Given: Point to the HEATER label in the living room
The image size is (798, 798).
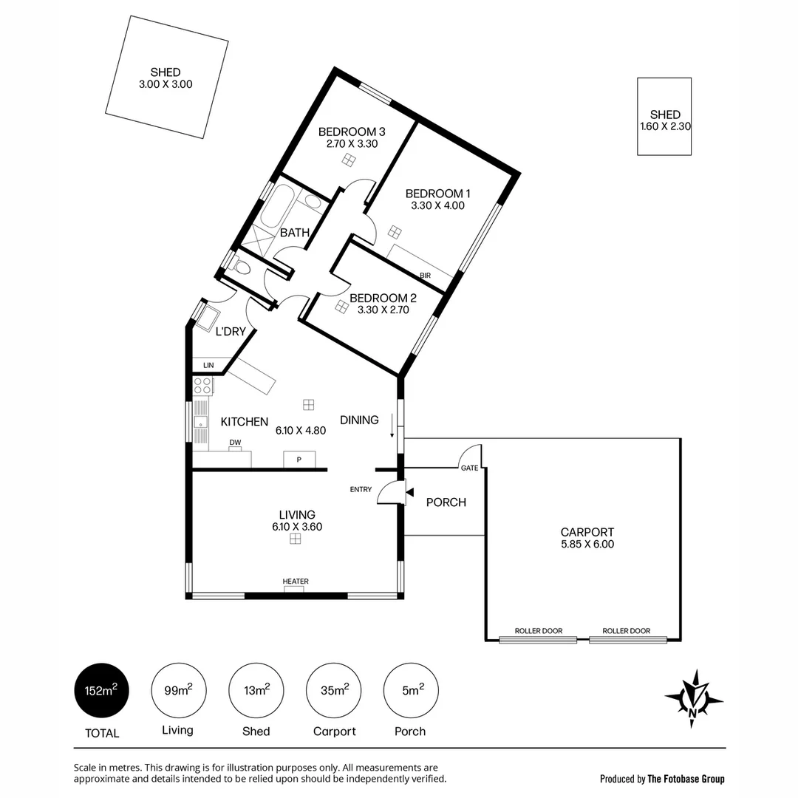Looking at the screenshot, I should point(296,582).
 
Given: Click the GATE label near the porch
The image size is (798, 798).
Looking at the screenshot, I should point(469,468).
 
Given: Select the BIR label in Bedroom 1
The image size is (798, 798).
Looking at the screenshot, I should point(425,276).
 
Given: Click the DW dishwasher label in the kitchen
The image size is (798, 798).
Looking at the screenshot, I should point(235,443).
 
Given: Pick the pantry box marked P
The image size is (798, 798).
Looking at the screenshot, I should point(299,460).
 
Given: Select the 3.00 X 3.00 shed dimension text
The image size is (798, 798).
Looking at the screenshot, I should point(166,84).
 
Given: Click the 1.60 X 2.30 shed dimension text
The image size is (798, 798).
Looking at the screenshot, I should point(665,126).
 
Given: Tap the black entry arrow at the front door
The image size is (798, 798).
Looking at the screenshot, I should point(409,492).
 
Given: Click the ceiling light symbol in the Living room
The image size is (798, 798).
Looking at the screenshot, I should point(295,539).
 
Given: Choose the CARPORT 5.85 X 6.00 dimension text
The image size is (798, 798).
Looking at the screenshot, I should point(587,545).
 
